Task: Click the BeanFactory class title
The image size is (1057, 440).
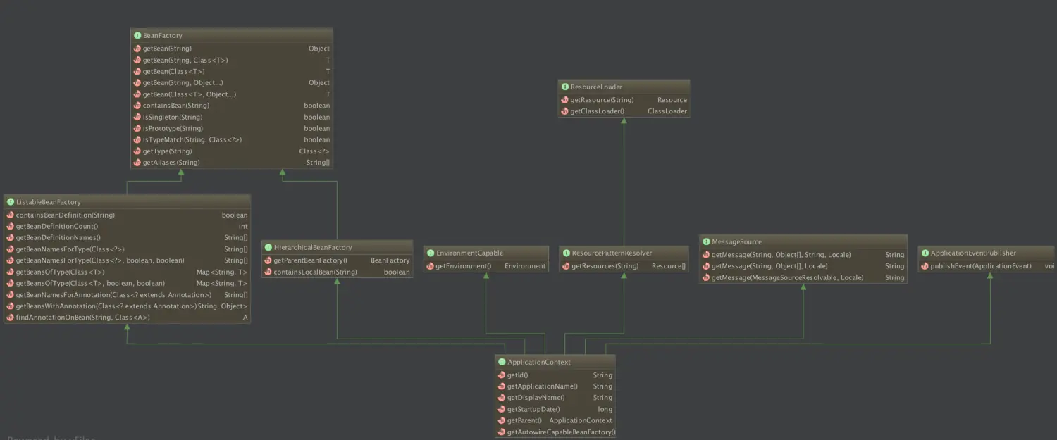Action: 162,35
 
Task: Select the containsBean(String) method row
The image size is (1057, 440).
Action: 175,106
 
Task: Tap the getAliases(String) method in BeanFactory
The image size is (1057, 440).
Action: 171,163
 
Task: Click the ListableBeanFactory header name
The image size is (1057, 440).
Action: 48,202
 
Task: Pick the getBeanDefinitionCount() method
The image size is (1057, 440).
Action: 56,226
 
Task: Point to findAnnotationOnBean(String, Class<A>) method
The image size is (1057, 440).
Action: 82,318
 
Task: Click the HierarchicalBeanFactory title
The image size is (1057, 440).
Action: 312,247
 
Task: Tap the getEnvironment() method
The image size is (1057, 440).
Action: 463,266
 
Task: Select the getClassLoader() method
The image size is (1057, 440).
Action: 597,111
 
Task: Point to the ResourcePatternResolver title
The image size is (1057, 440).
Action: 612,253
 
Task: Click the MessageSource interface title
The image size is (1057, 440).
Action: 736,241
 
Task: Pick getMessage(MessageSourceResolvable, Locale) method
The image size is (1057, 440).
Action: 787,277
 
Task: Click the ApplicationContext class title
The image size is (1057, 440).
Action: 539,362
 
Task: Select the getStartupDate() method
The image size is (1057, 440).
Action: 533,409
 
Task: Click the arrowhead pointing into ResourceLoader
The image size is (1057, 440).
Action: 624,121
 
